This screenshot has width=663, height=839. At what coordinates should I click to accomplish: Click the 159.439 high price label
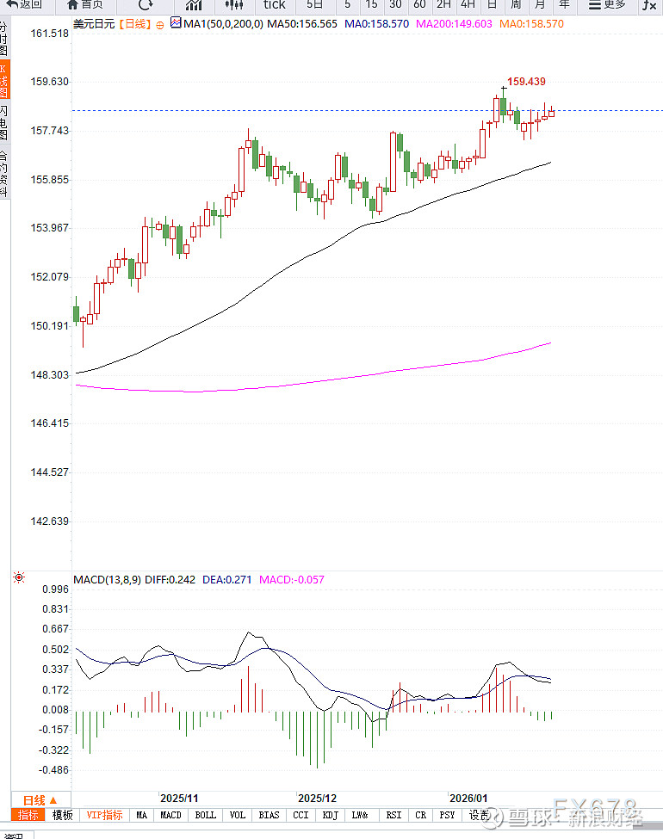click(526, 82)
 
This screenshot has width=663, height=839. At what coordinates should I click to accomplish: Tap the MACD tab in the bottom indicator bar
click(171, 815)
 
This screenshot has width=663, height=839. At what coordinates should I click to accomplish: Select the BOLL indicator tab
click(205, 815)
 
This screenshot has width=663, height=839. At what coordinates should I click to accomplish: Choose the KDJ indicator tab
click(330, 815)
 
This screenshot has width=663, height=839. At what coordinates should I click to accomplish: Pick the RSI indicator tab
click(393, 815)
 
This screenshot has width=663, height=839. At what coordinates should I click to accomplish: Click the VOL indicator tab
click(238, 815)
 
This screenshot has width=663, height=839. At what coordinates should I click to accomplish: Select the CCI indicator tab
click(301, 815)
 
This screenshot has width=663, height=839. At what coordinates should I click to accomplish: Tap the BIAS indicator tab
click(269, 815)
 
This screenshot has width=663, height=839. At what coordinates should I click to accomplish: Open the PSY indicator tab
click(447, 815)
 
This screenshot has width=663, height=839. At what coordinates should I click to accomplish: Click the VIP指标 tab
click(103, 815)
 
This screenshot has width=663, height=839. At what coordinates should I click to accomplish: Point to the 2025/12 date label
click(316, 799)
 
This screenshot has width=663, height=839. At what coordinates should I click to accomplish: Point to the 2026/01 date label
click(470, 799)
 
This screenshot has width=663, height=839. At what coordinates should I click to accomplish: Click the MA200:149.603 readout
click(454, 24)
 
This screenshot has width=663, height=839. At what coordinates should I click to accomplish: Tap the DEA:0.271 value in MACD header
click(227, 579)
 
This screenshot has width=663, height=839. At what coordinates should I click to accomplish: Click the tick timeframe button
click(274, 5)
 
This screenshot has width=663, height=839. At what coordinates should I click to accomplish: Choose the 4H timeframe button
click(468, 5)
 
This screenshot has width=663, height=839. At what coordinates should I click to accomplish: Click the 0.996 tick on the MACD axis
click(54, 589)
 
